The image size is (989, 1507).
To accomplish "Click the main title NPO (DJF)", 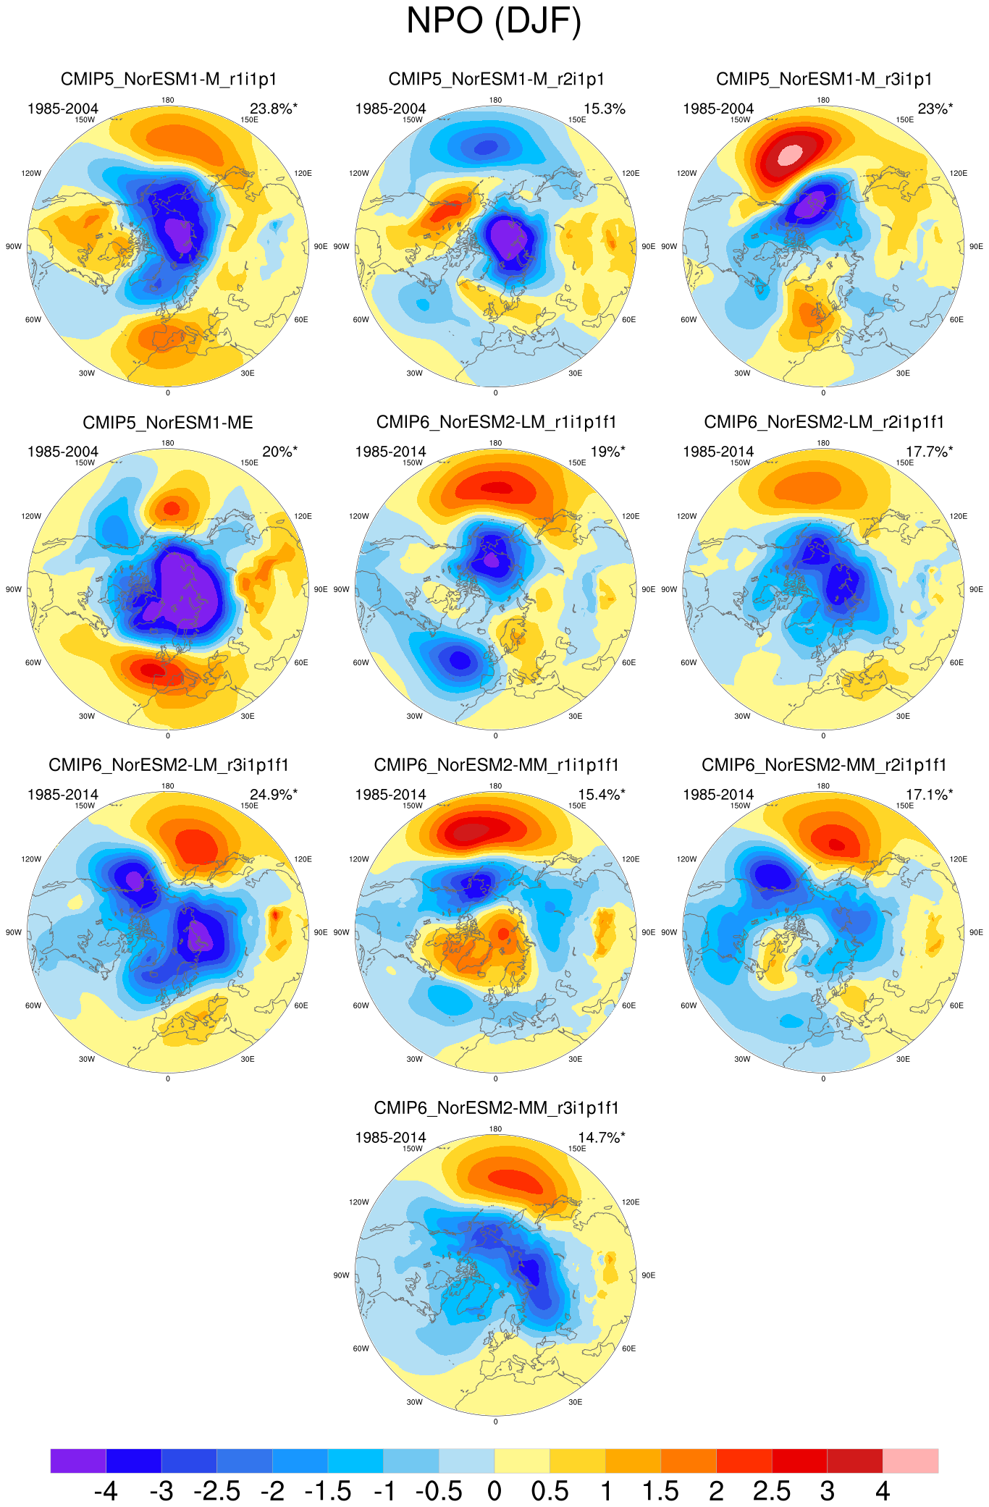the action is pyautogui.click(x=494, y=21).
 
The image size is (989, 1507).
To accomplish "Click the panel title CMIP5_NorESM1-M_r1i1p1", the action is pyautogui.click(x=168, y=79).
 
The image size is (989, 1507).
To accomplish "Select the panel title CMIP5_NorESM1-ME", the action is pyautogui.click(x=168, y=422).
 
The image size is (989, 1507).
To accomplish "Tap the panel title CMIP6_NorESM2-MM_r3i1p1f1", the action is pyautogui.click(x=496, y=1108).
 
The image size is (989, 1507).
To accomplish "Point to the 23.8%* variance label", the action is pyautogui.click(x=274, y=109).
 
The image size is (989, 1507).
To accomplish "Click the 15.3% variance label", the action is pyautogui.click(x=604, y=109).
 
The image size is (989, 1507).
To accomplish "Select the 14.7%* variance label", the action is pyautogui.click(x=602, y=1138).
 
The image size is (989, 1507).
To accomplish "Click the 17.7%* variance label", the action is pyautogui.click(x=930, y=452).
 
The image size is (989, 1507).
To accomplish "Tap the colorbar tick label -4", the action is pyautogui.click(x=106, y=1491).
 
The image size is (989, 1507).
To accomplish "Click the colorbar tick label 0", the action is pyautogui.click(x=494, y=1491).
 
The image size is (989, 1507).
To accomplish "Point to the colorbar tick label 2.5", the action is pyautogui.click(x=771, y=1491).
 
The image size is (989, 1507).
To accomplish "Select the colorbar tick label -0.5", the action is pyautogui.click(x=439, y=1491).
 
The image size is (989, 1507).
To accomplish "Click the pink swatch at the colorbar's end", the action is pyautogui.click(x=910, y=1461).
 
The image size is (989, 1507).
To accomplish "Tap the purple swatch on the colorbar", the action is pyautogui.click(x=78, y=1461).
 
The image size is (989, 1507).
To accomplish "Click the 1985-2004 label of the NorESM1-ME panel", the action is pyautogui.click(x=63, y=452).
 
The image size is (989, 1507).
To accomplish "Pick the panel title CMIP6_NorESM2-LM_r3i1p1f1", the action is pyautogui.click(x=168, y=765).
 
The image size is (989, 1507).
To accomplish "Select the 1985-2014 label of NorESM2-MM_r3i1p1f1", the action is pyautogui.click(x=391, y=1138).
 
